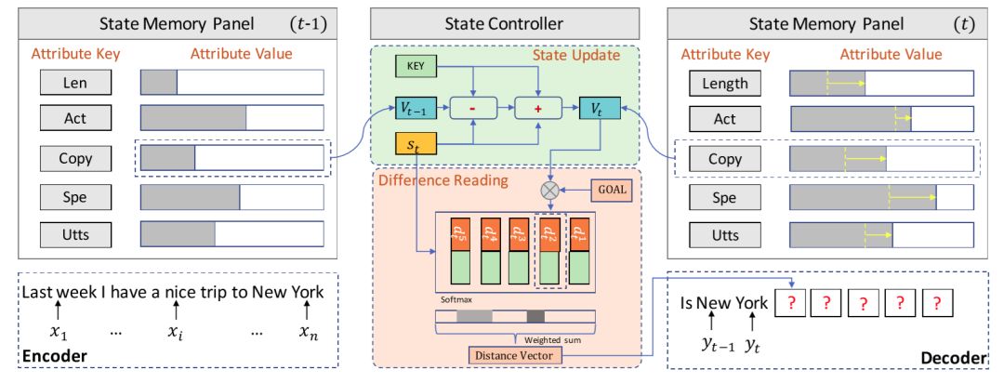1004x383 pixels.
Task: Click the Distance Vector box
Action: click(508, 354)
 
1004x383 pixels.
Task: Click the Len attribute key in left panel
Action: click(75, 82)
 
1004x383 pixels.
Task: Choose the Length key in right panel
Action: click(725, 84)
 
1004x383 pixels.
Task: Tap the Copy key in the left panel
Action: click(75, 158)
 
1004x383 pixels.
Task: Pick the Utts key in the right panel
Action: click(725, 236)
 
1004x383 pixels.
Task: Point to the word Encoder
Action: click(55, 356)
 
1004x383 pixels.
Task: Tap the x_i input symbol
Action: click(175, 331)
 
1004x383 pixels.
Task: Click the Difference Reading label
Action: click(443, 179)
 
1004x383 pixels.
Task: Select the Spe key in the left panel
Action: click(75, 197)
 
